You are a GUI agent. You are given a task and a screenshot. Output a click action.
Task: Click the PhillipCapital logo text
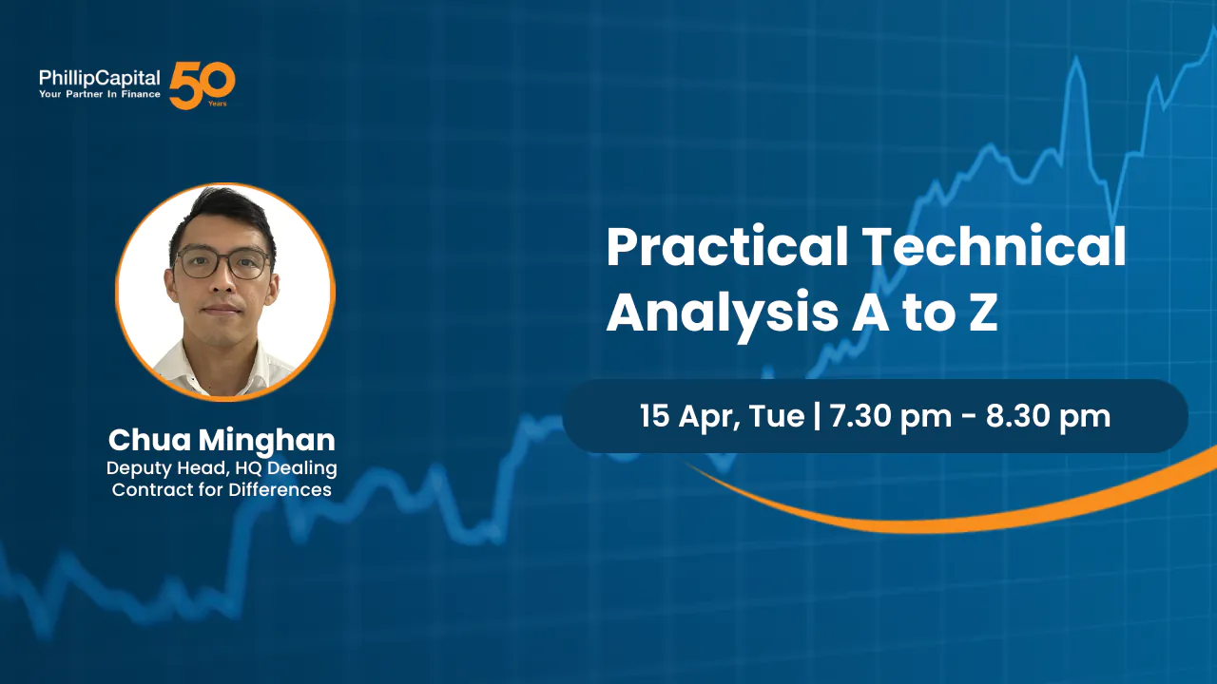pos(99,78)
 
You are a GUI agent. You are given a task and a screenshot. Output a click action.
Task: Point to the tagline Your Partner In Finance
pos(99,95)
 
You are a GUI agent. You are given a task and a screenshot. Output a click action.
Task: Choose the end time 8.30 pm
pos(1048,417)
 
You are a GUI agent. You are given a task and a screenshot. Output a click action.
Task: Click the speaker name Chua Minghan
pos(222,440)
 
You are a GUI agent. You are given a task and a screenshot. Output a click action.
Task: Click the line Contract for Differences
pos(222,490)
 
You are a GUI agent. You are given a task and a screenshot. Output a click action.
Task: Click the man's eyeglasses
pos(222,263)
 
